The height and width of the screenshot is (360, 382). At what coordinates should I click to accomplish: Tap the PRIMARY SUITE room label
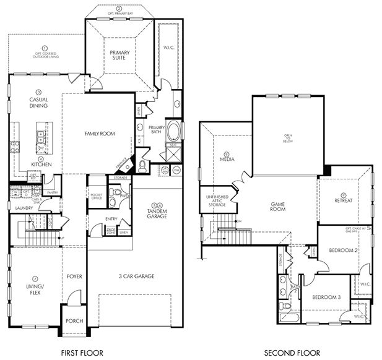(x=119, y=56)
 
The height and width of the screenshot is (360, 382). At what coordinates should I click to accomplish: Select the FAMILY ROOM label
(x=100, y=133)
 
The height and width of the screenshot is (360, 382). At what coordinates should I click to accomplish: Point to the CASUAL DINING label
(x=38, y=103)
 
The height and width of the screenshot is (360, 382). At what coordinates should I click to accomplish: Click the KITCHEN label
(x=41, y=164)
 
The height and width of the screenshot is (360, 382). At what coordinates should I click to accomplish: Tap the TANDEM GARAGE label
(x=156, y=212)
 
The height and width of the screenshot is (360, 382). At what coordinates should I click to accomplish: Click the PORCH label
(x=74, y=321)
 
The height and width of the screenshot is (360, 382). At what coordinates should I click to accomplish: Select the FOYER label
(x=74, y=276)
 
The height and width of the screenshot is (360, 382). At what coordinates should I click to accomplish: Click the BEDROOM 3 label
(x=326, y=297)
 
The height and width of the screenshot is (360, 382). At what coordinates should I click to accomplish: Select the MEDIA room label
(x=227, y=158)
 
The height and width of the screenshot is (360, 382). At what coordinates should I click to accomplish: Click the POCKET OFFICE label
(x=96, y=197)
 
